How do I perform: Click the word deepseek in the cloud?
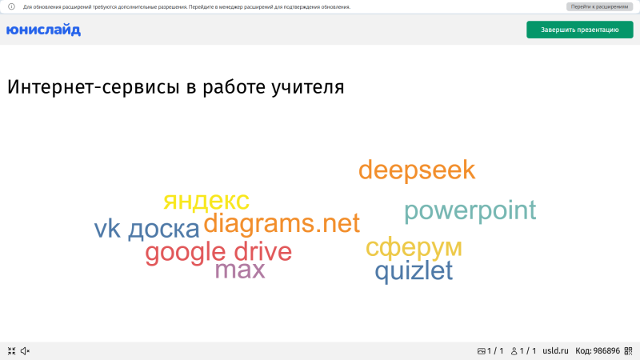point(416,170)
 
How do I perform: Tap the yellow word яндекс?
point(206,201)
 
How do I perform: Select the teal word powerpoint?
point(470,211)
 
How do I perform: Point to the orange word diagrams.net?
point(282,224)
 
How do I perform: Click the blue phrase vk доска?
point(146,230)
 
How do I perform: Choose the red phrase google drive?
point(218,253)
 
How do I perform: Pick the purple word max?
point(239,270)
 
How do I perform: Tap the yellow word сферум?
point(414,247)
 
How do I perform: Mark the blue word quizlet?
point(414,271)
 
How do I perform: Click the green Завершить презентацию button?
point(579,30)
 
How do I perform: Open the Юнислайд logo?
point(43,30)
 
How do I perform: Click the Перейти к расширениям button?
point(599,6)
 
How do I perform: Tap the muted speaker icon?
point(25,350)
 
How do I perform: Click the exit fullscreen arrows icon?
point(11,350)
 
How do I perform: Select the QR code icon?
point(629,350)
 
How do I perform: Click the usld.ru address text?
point(554,350)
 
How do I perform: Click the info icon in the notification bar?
point(11,6)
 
